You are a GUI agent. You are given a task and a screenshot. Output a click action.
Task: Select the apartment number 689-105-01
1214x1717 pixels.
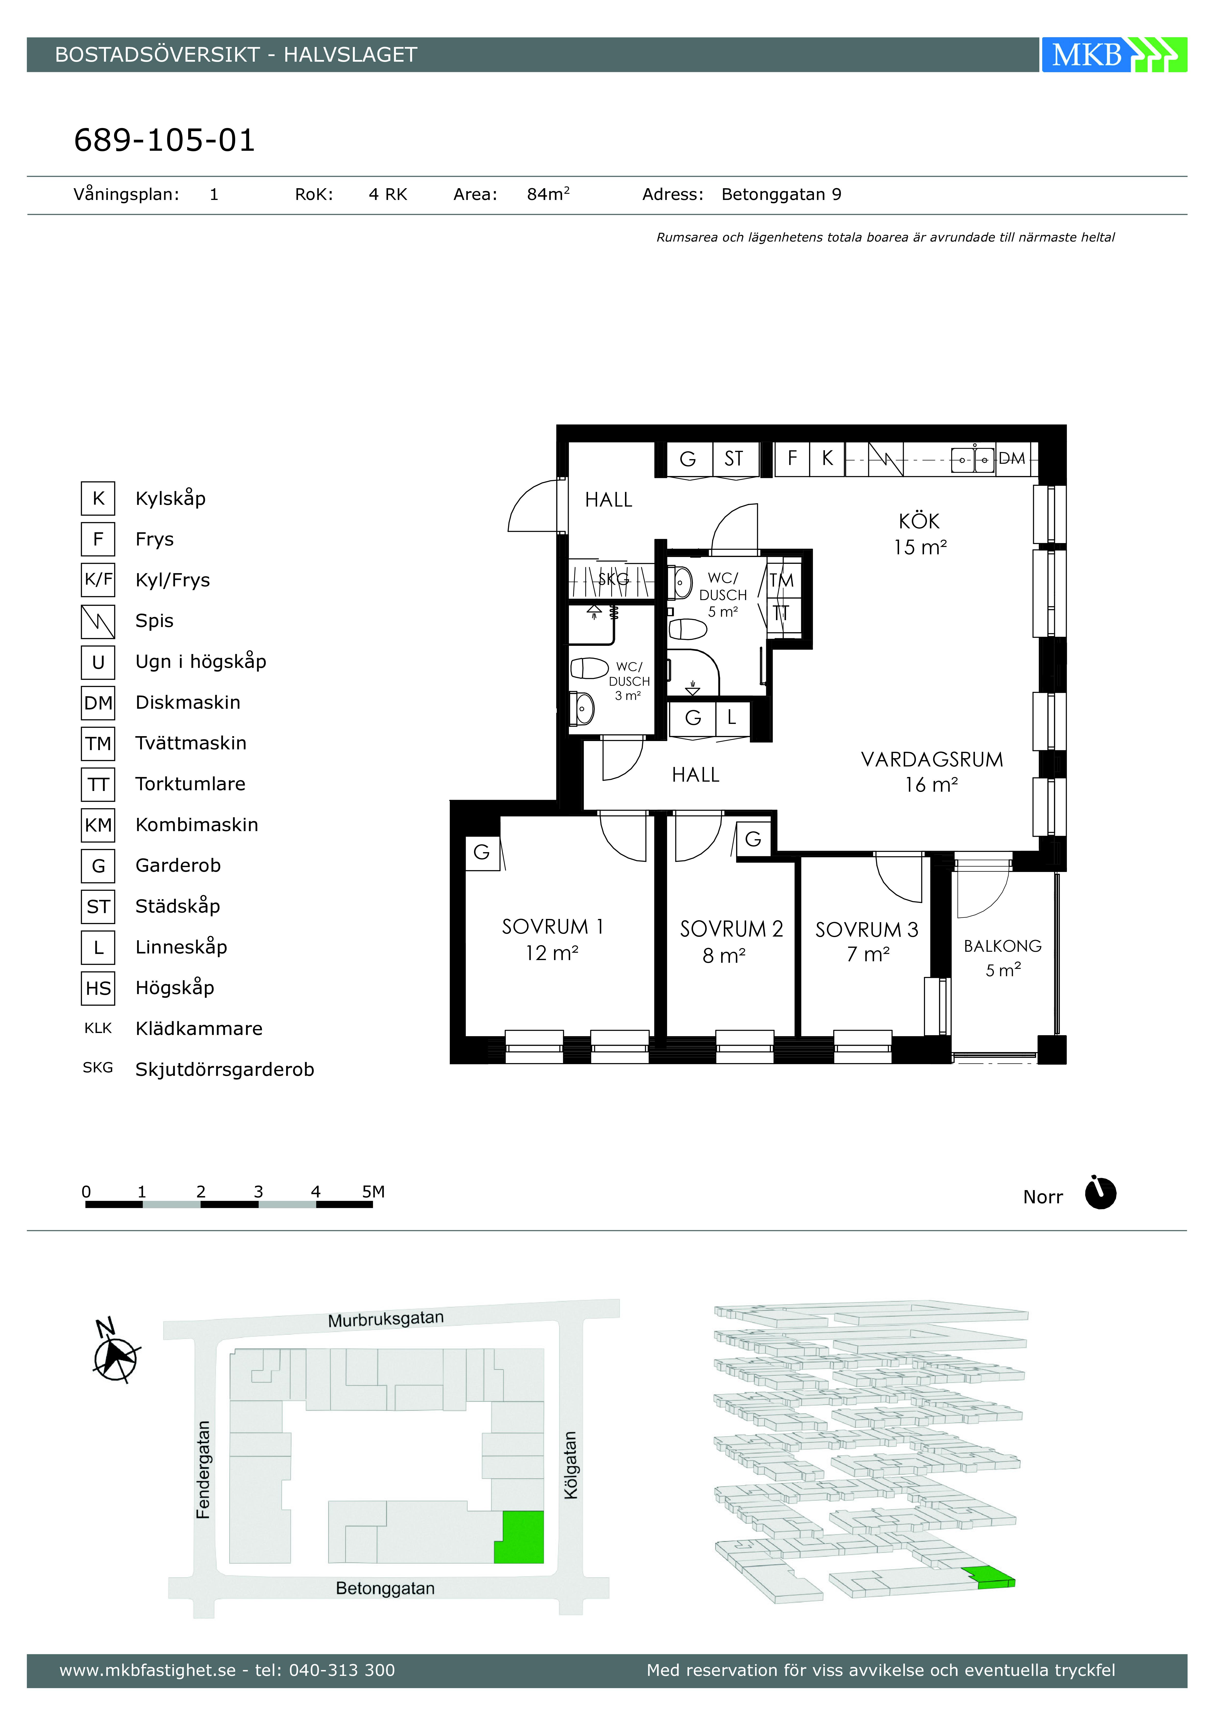(164, 140)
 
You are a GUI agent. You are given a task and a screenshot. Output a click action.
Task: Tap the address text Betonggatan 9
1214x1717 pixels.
(781, 194)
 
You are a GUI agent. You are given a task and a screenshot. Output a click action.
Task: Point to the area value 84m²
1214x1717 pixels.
(548, 194)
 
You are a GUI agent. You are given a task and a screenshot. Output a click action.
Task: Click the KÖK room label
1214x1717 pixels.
(919, 521)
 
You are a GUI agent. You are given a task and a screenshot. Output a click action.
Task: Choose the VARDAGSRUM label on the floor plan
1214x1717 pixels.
(932, 760)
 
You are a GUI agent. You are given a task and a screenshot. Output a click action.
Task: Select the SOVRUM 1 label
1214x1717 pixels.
(552, 927)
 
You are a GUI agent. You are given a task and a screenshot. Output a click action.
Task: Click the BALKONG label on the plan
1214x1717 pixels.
(1002, 946)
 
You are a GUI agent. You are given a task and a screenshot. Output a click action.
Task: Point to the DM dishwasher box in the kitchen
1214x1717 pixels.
(1012, 458)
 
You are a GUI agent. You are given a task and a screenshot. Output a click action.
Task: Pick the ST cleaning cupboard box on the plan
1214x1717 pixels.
(734, 458)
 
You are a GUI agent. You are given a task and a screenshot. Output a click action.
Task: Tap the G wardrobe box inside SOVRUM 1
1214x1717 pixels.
(482, 853)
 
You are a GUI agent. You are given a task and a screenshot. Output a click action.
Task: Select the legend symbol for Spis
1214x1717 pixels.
(98, 621)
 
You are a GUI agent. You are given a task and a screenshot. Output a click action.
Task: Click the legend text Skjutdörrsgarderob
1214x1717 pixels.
(224, 1069)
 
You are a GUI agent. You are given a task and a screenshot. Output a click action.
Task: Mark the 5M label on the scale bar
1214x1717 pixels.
(373, 1191)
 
